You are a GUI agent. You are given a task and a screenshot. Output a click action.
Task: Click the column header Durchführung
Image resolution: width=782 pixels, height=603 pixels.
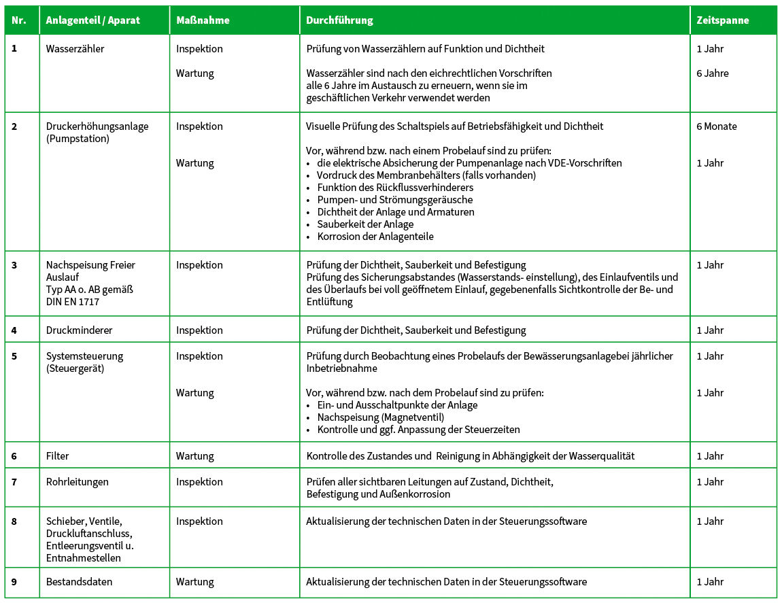339,20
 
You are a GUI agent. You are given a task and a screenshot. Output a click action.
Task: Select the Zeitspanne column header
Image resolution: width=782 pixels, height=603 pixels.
722,20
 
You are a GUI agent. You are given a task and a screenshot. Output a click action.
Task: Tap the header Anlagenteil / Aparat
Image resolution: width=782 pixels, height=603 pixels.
92,20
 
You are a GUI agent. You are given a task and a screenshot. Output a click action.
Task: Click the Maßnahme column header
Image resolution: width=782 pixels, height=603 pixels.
203,20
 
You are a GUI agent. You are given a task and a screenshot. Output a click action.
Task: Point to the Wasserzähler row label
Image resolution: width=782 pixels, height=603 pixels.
75,49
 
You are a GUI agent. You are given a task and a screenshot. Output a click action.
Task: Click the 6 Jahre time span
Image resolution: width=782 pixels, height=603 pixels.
712,73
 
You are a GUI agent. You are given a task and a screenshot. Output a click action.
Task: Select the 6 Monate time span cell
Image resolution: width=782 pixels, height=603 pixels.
716,126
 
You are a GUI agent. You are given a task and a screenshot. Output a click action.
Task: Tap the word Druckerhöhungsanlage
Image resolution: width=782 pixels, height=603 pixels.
97,126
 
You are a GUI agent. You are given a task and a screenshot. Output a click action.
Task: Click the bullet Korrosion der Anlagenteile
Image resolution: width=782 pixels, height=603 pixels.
375,237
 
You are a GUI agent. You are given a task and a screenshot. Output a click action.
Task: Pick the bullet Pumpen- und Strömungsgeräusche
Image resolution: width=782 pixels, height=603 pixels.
394,200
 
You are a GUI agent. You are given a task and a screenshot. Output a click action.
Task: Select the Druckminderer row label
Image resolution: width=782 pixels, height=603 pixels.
79,330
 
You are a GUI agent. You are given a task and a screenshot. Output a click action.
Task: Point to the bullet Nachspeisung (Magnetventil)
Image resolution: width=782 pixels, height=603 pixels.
380,417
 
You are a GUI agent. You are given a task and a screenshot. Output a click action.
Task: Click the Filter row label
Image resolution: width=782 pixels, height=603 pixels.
58,456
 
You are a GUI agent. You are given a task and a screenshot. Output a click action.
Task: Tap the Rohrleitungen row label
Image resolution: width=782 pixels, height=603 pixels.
77,482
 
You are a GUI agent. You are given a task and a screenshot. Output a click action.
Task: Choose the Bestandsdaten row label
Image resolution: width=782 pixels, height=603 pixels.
79,582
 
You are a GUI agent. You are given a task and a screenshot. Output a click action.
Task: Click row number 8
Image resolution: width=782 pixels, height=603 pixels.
14,521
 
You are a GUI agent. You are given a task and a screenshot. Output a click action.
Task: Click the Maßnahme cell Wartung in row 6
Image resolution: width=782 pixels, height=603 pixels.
194,456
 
